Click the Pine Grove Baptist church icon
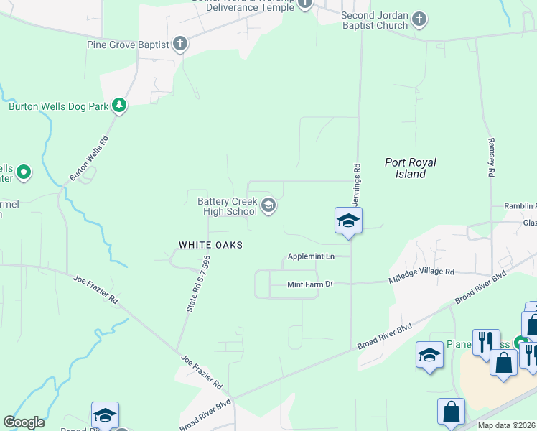[x=180, y=45]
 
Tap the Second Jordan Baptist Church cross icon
[x=420, y=20]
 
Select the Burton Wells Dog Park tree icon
[x=119, y=106]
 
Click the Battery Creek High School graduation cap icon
[x=268, y=206]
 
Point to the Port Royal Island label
[x=411, y=168]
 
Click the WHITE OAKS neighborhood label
[x=210, y=245]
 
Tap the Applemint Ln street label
[x=311, y=256]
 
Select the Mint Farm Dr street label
[x=310, y=284]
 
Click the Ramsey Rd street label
[x=492, y=157]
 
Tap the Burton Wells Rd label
[x=88, y=159]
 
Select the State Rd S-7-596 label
[x=197, y=284]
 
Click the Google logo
[x=24, y=422]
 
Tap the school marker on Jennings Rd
[x=348, y=220]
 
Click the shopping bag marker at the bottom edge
[x=452, y=412]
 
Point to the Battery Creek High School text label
[x=227, y=206]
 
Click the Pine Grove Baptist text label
[x=128, y=45]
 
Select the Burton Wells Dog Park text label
[x=59, y=106]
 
